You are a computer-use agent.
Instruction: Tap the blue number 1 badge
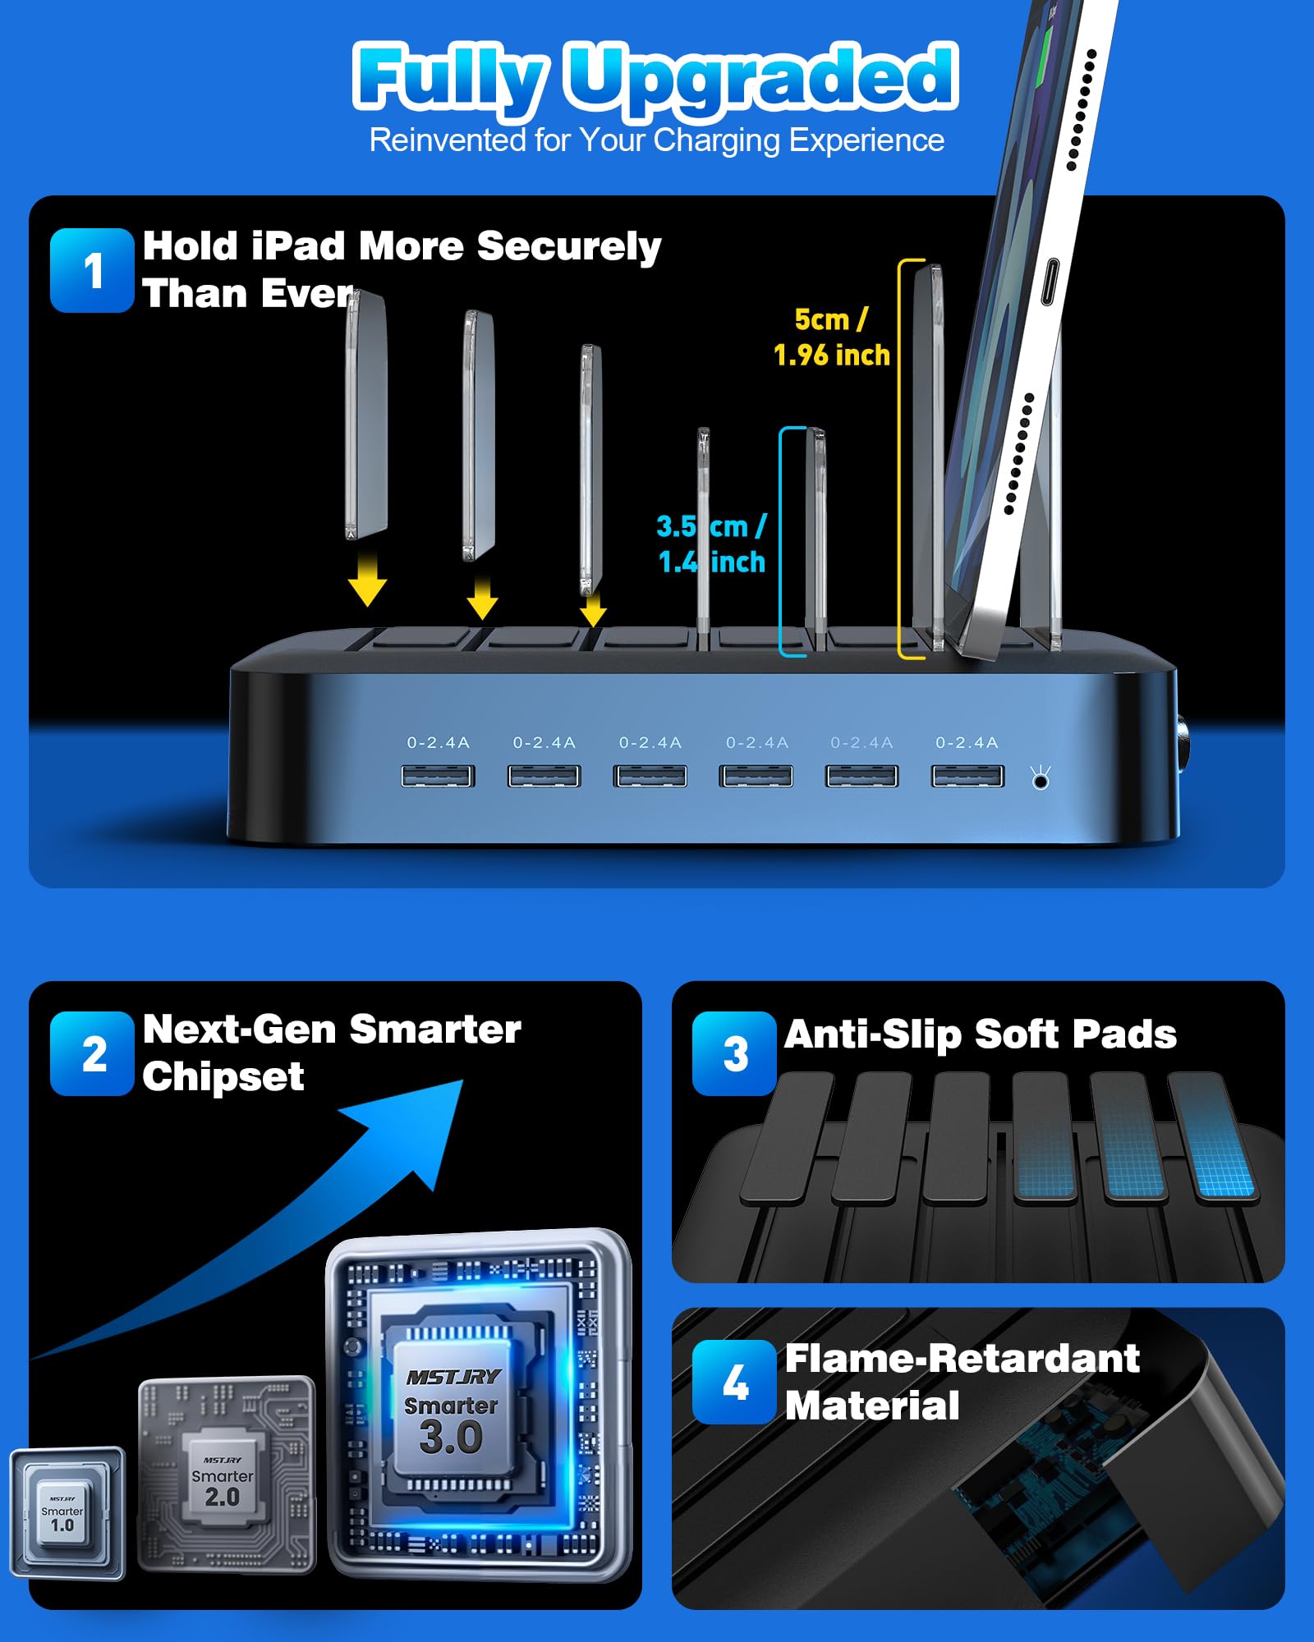(92, 270)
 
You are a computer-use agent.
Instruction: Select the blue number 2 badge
(92, 1053)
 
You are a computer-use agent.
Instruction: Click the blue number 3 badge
(734, 1053)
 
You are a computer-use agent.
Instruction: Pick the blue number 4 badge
(734, 1382)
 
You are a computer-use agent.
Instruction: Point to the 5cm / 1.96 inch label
(832, 337)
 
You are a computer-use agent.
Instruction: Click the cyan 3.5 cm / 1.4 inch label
(711, 544)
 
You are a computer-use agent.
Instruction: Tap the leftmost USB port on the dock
(438, 776)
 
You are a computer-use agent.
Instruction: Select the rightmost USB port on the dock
(967, 776)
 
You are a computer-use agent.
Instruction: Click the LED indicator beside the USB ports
(1041, 778)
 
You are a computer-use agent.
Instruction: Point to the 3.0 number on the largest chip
(451, 1437)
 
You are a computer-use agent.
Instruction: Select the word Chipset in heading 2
(223, 1077)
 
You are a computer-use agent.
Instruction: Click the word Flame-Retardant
(963, 1359)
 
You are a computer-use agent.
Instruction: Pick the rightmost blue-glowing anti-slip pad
(1212, 1137)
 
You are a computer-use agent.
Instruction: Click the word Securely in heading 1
(569, 247)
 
